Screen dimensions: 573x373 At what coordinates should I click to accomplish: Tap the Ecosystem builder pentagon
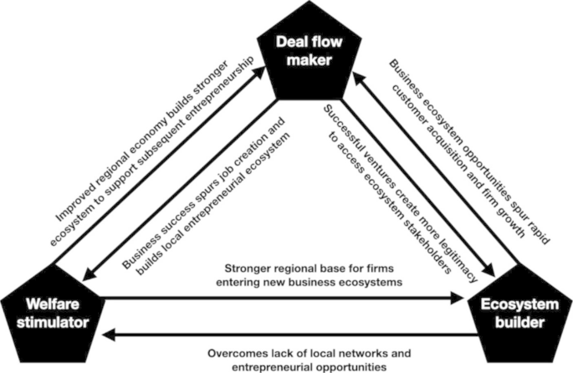[519, 314]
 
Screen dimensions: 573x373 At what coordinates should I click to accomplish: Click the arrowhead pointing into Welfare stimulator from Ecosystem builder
[109, 335]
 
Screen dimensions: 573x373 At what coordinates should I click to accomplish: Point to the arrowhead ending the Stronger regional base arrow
[458, 298]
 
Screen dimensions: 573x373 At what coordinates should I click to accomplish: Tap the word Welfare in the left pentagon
[53, 304]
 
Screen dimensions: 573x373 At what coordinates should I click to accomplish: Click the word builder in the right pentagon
[519, 323]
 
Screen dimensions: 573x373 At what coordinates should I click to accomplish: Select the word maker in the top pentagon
[310, 60]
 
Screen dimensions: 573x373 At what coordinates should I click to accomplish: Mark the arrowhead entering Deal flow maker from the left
[258, 72]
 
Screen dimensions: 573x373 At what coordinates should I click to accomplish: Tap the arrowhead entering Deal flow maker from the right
[359, 78]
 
